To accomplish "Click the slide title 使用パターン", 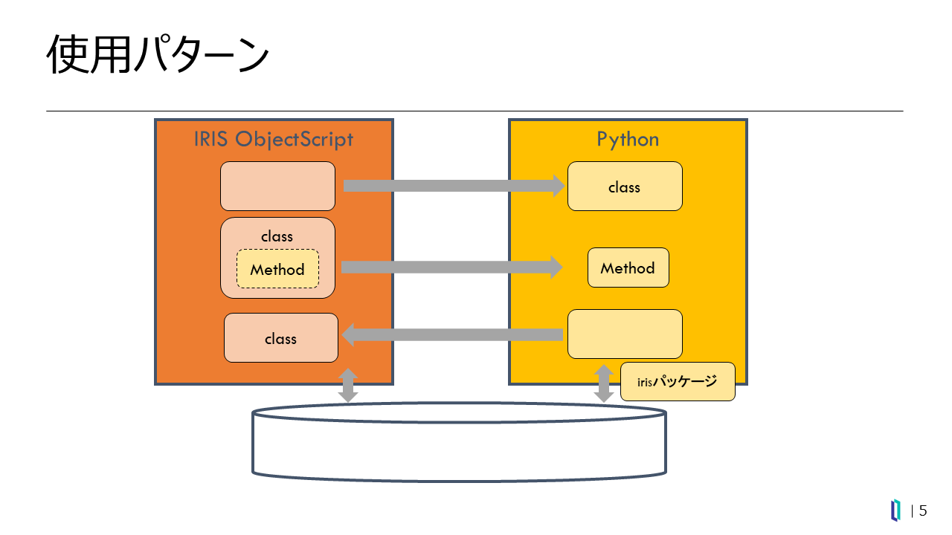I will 157,55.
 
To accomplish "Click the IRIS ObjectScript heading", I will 273,139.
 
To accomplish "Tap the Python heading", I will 628,139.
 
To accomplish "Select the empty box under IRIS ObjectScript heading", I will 277,186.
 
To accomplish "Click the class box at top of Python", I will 625,187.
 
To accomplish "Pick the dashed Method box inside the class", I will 277,269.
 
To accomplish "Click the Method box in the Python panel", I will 628,267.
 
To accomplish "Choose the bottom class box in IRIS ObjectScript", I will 281,338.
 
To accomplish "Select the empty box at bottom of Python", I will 625,334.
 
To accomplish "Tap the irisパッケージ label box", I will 678,382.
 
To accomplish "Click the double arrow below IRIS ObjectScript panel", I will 348,385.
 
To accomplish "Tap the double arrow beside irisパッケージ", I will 605,383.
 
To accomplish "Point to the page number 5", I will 923,510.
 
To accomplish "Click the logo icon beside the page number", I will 896,510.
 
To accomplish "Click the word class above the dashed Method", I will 277,236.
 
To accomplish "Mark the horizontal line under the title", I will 475,111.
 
